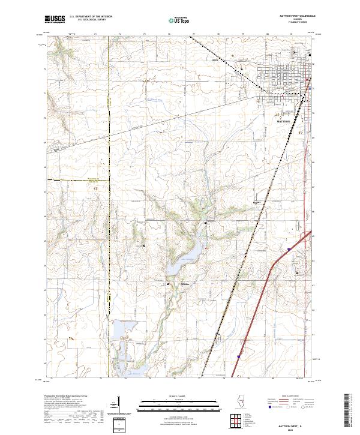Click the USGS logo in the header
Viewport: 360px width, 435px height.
point(55,20)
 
